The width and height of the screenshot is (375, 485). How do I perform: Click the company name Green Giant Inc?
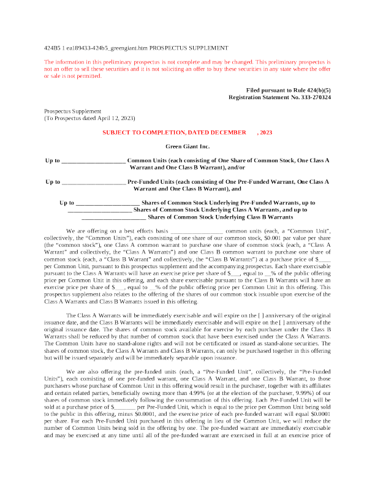click(x=187, y=146)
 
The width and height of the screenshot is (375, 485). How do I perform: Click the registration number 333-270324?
click(x=316, y=97)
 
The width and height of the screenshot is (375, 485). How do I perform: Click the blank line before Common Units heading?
click(x=93, y=162)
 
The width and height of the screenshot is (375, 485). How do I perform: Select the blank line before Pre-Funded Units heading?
click(x=94, y=183)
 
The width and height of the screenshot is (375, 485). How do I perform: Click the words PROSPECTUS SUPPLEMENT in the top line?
click(x=189, y=48)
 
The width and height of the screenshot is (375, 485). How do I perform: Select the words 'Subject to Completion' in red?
click(x=144, y=132)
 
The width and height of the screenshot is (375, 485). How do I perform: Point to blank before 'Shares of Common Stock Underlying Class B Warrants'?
click(x=113, y=218)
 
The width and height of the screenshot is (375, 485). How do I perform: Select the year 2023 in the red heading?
click(x=266, y=132)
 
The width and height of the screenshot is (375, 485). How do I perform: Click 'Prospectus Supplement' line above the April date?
click(x=72, y=111)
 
